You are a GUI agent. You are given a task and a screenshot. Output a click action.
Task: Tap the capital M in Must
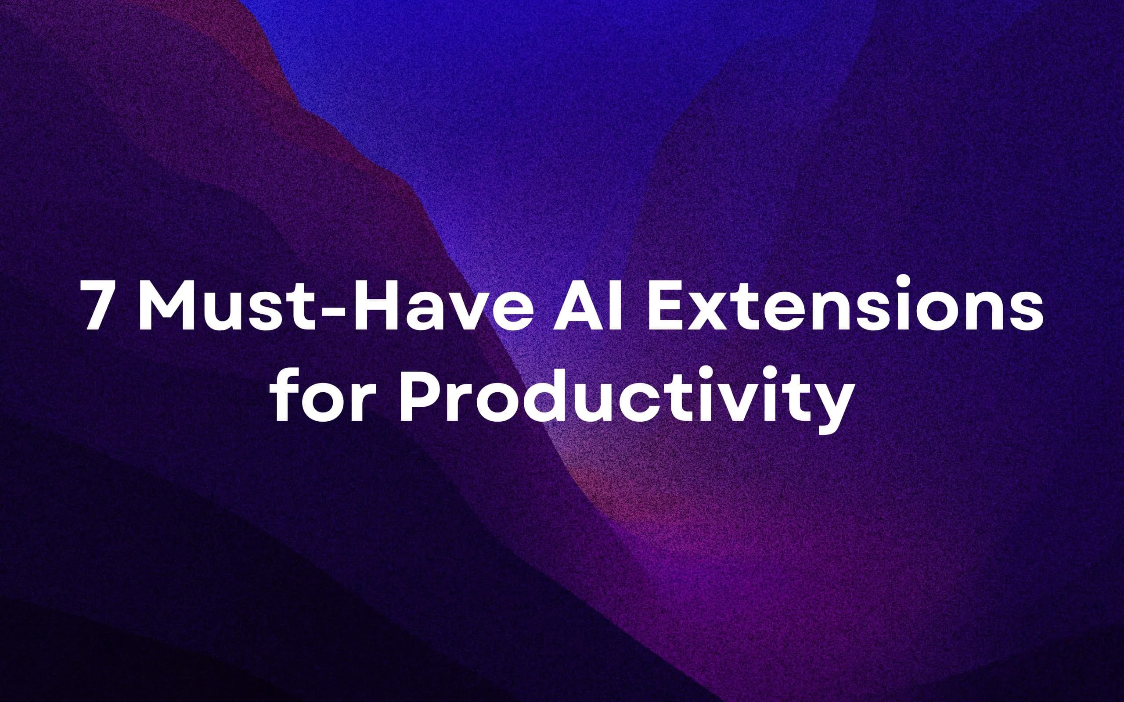[x=166, y=304]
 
